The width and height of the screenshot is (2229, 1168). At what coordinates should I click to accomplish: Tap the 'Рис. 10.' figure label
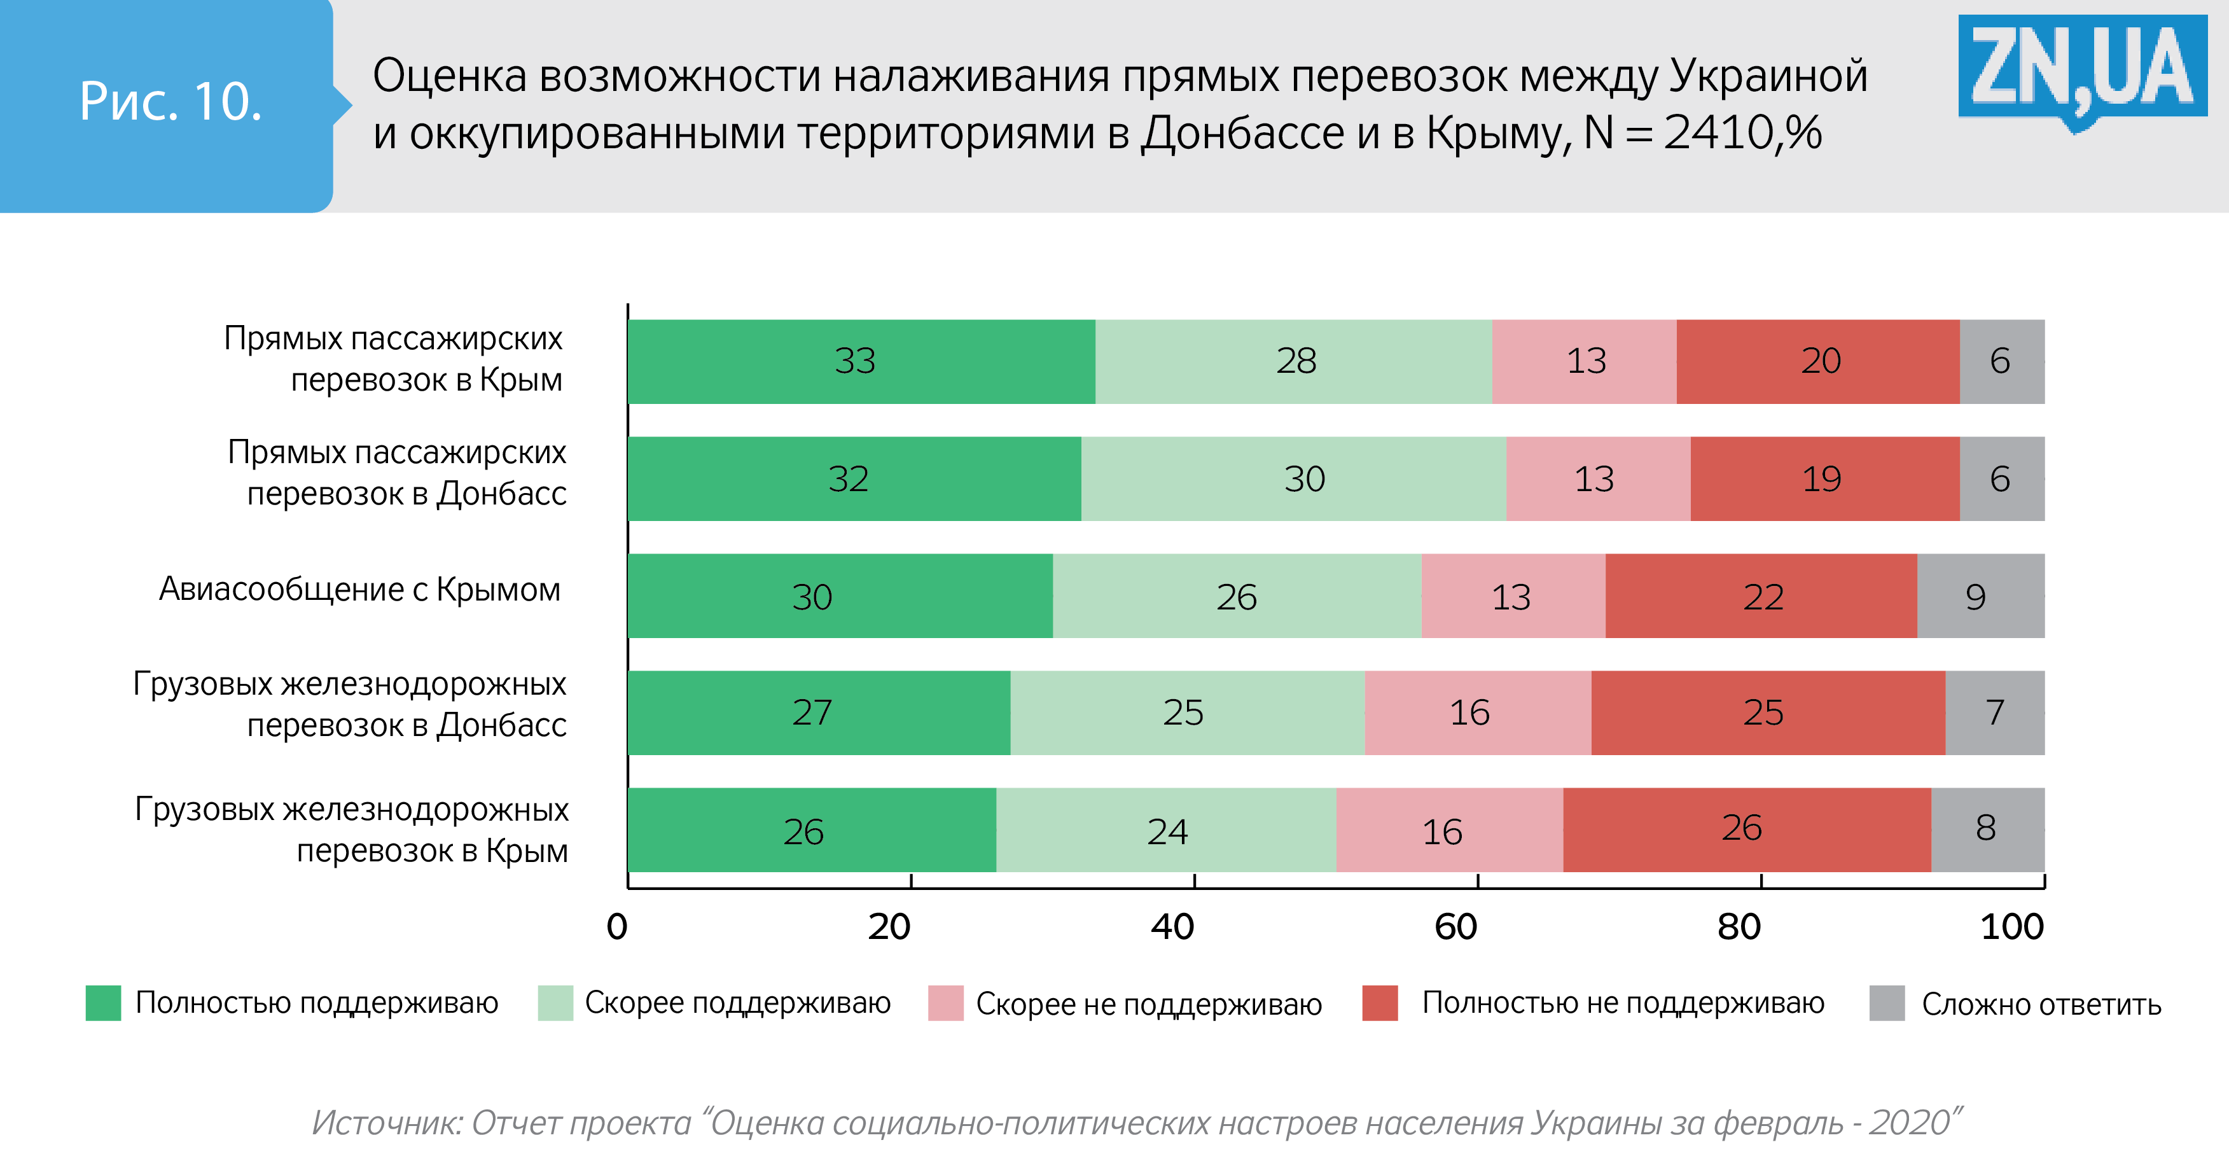point(170,102)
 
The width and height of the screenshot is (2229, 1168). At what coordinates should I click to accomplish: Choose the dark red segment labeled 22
point(1761,596)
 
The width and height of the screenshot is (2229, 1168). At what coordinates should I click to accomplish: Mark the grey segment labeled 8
point(1987,830)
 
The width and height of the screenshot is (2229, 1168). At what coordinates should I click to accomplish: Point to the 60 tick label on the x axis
point(1455,928)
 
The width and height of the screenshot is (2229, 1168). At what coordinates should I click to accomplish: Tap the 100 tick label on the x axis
point(2012,928)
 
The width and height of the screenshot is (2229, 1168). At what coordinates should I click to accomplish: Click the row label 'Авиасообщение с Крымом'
point(360,589)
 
